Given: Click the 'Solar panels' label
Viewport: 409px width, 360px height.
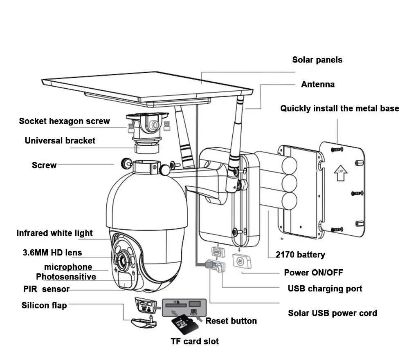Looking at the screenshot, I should pyautogui.click(x=317, y=60).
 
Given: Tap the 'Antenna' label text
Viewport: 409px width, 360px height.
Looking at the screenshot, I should pyautogui.click(x=318, y=85).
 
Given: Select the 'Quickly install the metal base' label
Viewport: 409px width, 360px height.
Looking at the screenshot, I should pyautogui.click(x=339, y=109).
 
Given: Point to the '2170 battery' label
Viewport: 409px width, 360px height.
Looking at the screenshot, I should pyautogui.click(x=300, y=255).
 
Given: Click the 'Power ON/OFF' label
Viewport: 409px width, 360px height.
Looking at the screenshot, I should pyautogui.click(x=313, y=273).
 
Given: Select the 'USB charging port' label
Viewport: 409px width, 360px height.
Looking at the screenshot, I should pyautogui.click(x=325, y=288).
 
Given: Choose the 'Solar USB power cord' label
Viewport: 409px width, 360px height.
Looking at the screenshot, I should pyautogui.click(x=333, y=313).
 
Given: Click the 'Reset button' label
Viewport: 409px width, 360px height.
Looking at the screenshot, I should pyautogui.click(x=231, y=321).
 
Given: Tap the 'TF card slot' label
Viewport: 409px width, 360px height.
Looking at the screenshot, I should pyautogui.click(x=195, y=341).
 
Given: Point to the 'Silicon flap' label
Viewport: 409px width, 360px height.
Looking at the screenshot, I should pyautogui.click(x=44, y=305).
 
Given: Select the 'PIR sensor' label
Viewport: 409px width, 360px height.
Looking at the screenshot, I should pyautogui.click(x=46, y=289).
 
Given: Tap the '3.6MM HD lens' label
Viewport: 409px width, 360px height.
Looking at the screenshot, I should pyautogui.click(x=52, y=253).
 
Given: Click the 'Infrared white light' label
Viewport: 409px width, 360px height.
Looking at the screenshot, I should pyautogui.click(x=54, y=233).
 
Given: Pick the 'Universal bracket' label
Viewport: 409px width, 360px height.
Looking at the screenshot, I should pyautogui.click(x=60, y=141).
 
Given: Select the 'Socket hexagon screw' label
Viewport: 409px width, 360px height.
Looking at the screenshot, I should pyautogui.click(x=64, y=121).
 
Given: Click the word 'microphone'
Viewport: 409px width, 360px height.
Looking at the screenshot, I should pyautogui.click(x=68, y=267).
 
